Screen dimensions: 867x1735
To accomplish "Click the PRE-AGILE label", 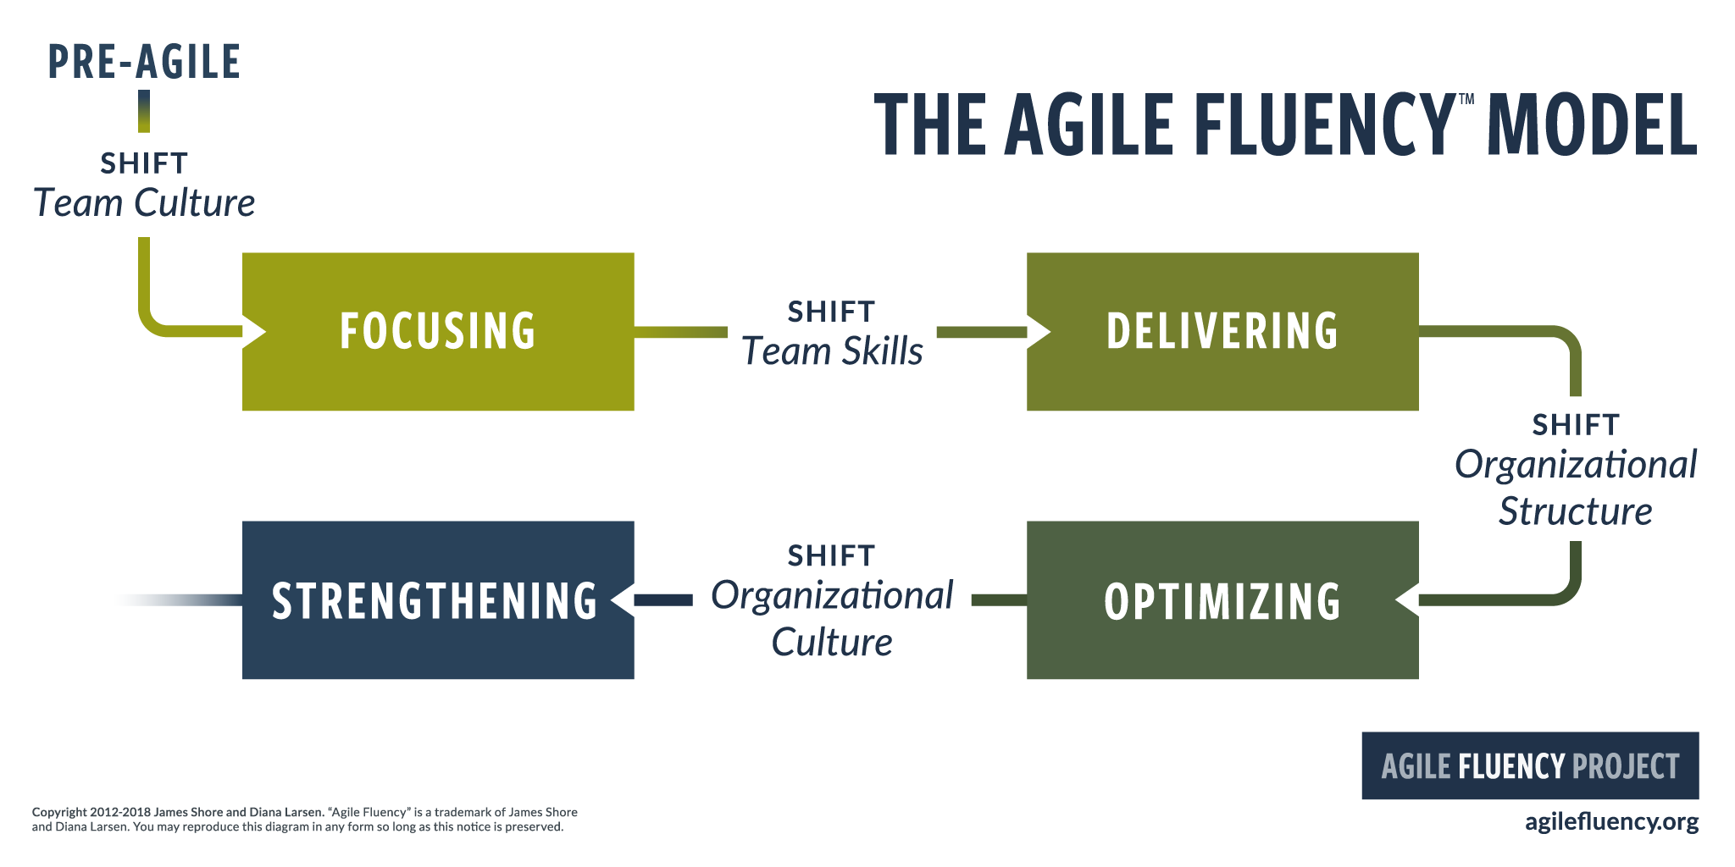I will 144,62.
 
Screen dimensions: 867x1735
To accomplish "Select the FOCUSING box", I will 438,331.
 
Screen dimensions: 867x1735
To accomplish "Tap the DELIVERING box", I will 1222,331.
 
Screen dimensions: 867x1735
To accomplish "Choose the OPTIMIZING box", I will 1222,600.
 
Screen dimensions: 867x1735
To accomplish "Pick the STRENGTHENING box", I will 438,600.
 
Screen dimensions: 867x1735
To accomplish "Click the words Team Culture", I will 144,203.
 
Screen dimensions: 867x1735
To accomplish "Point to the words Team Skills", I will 832,351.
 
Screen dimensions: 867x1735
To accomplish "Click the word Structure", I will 1575,511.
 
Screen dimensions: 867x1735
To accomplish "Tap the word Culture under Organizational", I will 832,643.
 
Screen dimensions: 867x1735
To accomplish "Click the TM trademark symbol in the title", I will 1466,100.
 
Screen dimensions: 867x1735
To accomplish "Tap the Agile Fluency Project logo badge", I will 1530,765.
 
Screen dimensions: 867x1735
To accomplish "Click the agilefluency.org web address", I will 1611,821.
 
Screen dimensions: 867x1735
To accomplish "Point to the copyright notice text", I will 305,819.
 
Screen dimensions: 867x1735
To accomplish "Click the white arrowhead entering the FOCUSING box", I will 253,331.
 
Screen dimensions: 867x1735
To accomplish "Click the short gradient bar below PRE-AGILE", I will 144,111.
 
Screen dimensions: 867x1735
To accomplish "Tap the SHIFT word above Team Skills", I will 831,312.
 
